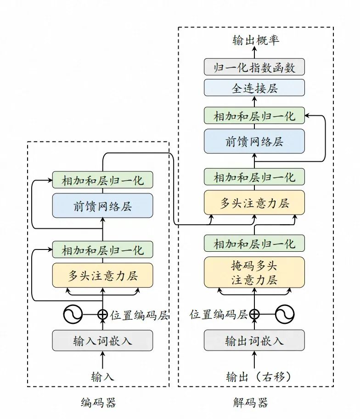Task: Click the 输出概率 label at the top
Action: pos(256,41)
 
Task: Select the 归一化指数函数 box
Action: pos(254,68)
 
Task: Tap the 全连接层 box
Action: pos(254,88)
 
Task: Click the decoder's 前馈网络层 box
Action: pos(254,141)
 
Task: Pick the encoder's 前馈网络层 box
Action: pos(102,205)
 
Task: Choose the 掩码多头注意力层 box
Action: pos(254,272)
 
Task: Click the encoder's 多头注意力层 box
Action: pos(102,276)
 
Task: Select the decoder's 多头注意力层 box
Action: pos(254,203)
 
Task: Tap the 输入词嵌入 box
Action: pos(102,340)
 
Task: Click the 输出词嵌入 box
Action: pos(254,340)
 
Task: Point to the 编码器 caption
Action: pos(98,403)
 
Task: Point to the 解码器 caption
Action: pos(250,403)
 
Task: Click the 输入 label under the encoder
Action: pos(102,377)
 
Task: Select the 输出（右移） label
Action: pos(259,377)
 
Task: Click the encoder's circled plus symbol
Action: pos(102,314)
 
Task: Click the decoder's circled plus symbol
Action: pos(254,314)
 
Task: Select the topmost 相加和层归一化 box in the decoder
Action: pos(254,115)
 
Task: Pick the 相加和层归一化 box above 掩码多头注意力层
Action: pos(254,243)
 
